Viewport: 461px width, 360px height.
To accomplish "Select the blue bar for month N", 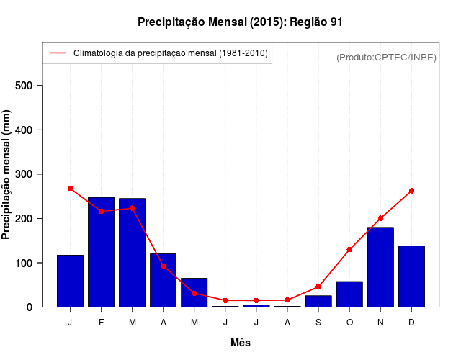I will click(380, 267).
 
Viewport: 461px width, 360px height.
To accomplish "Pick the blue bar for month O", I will click(349, 294).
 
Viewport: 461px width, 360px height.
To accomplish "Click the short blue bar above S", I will click(318, 301).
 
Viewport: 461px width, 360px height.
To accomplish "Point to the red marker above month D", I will click(411, 191).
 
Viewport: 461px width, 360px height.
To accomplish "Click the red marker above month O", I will click(349, 249).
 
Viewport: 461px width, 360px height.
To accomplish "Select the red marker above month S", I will click(318, 287).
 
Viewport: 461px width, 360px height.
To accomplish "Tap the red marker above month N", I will click(380, 218).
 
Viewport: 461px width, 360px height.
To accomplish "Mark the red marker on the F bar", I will click(101, 211).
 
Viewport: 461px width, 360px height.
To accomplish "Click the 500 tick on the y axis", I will click(29, 86).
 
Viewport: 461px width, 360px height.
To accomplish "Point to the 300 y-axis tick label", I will click(29, 174).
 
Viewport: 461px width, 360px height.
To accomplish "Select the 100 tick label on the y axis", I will click(29, 263).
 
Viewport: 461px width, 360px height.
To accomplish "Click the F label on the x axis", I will click(101, 322).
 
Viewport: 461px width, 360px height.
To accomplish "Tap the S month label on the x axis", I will click(318, 322).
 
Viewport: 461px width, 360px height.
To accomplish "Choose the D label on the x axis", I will click(411, 322).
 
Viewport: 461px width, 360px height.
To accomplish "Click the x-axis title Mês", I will click(241, 343).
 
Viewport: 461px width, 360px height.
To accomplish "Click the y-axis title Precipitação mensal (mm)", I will click(7, 174).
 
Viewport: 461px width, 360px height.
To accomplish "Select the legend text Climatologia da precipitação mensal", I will click(170, 53).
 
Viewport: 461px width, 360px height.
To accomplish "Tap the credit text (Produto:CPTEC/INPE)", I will click(386, 57).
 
